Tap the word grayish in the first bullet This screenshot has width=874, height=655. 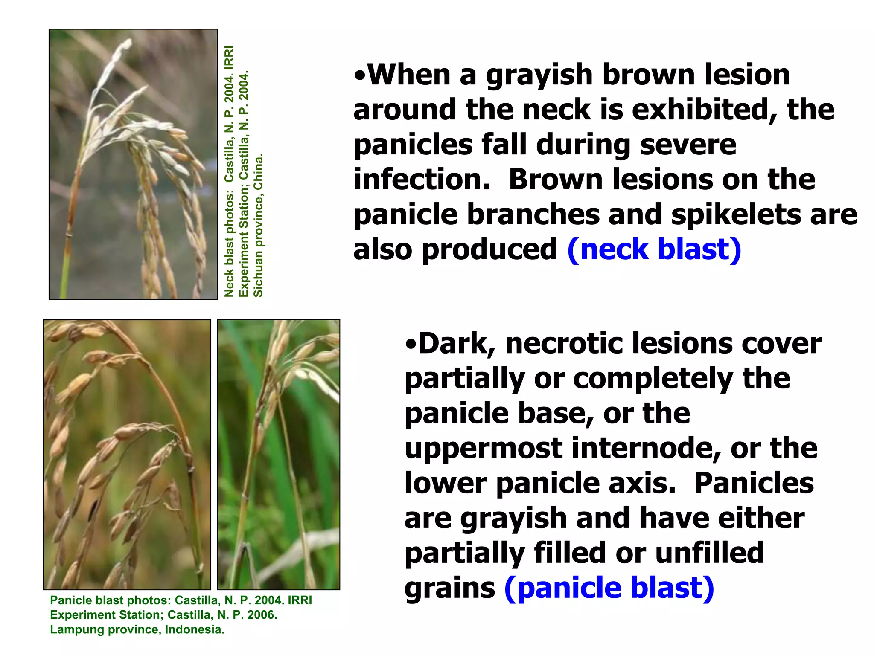[x=539, y=75]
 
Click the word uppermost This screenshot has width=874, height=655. [x=484, y=449]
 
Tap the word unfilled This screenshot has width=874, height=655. [x=709, y=553]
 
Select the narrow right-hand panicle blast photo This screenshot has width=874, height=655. [x=279, y=455]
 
